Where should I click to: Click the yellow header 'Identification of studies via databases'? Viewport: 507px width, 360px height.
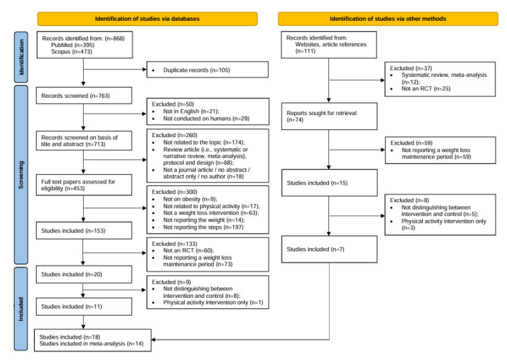pyautogui.click(x=147, y=19)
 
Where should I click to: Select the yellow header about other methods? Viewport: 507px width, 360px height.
pyautogui.click(x=388, y=19)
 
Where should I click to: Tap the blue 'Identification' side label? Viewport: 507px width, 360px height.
pyautogui.click(x=21, y=58)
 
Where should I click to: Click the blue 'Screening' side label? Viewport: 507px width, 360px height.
pyautogui.click(x=21, y=175)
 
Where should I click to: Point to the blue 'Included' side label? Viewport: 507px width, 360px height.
pyautogui.click(x=21, y=309)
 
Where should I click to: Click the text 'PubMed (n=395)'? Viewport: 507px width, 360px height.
pyautogui.click(x=72, y=45)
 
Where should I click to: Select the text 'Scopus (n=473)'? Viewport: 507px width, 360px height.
pyautogui.click(x=72, y=52)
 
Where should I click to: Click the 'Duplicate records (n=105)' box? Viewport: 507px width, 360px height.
pyautogui.click(x=207, y=70)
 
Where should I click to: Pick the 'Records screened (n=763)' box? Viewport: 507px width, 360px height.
pyautogui.click(x=84, y=96)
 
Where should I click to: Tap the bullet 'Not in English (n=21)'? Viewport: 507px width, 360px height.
pyautogui.click(x=191, y=111)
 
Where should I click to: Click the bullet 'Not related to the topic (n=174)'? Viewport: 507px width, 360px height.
pyautogui.click(x=204, y=143)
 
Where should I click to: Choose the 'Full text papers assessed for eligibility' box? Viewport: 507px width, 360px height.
pyautogui.click(x=84, y=185)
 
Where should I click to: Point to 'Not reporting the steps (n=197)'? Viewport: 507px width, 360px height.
pyautogui.click(x=203, y=227)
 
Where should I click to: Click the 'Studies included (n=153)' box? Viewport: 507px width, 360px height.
pyautogui.click(x=84, y=231)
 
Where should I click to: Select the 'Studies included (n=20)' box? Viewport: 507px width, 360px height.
pyautogui.click(x=84, y=274)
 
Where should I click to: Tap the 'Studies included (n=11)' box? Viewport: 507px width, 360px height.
pyautogui.click(x=84, y=306)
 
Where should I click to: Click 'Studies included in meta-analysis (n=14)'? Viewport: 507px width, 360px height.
pyautogui.click(x=92, y=343)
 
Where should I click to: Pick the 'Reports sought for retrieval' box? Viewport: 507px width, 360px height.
pyautogui.click(x=329, y=116)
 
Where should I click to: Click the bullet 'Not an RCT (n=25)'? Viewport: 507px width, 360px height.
pyautogui.click(x=426, y=88)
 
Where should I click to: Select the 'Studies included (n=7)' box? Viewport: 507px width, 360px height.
pyautogui.click(x=329, y=250)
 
